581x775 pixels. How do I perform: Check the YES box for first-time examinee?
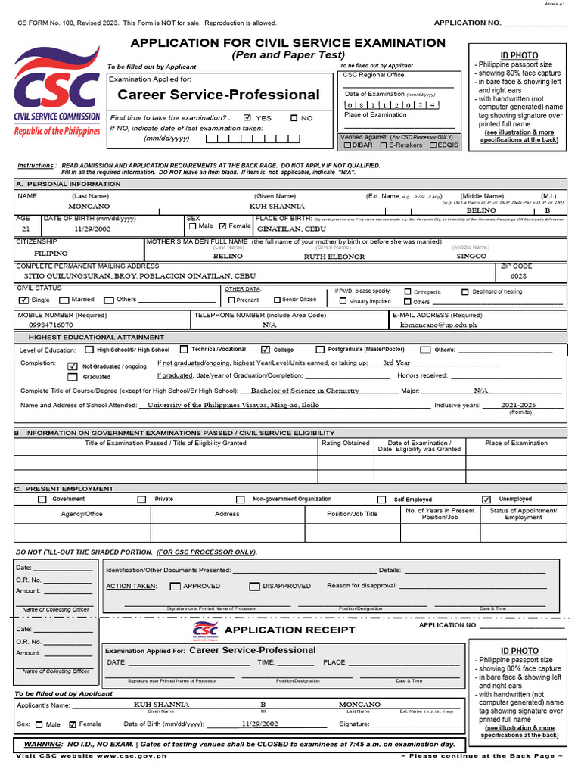[x=247, y=118]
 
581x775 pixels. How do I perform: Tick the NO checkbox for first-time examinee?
[x=294, y=118]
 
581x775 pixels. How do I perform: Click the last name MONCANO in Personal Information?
[x=89, y=206]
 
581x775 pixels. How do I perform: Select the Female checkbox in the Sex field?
[x=222, y=226]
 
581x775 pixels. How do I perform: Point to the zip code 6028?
[x=518, y=276]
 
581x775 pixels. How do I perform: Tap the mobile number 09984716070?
[x=51, y=324]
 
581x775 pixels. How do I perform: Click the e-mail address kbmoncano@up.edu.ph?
[x=438, y=324]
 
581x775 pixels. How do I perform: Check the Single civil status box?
[x=23, y=300]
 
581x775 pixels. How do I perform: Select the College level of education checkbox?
[x=265, y=350]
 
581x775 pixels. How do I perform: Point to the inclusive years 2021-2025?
[x=517, y=405]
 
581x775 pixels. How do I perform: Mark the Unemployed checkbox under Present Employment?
[x=486, y=500]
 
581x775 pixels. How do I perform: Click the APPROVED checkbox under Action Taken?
[x=176, y=586]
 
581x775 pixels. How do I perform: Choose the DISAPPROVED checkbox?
[x=255, y=586]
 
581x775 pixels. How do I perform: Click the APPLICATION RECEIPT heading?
[x=289, y=630]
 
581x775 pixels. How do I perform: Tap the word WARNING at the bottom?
[x=42, y=744]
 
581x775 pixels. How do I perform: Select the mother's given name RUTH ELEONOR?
[x=334, y=257]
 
